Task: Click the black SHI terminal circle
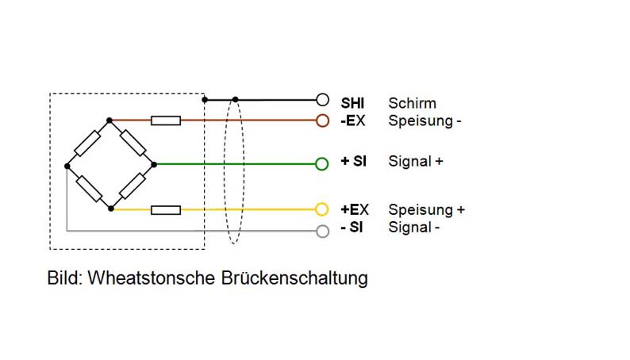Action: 321,100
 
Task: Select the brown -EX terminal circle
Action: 321,121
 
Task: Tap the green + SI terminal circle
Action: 321,164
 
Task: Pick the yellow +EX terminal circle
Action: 321,209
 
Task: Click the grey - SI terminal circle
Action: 321,231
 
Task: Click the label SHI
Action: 353,103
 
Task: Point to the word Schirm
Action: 412,103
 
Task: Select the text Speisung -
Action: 424,121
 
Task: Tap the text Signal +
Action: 416,161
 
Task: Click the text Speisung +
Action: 426,210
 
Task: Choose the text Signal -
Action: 414,228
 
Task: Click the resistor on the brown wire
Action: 166,121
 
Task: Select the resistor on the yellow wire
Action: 166,209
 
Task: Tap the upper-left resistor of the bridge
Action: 87,143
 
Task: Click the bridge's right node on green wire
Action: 154,164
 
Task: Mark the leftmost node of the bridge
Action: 67,165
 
